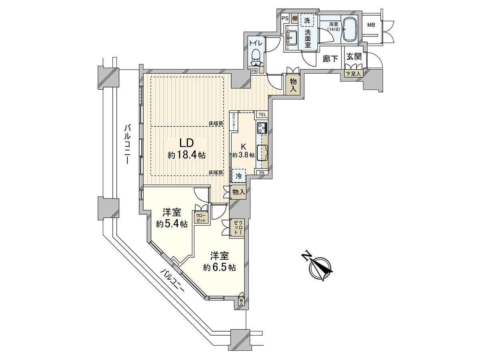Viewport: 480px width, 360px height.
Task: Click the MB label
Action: pos(371,25)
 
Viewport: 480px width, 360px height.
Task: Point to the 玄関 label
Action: pos(354,56)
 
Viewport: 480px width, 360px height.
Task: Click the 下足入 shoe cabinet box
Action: pos(354,74)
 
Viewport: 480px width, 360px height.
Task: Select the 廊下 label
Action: pos(330,59)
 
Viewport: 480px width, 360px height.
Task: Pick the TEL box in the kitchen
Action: pos(262,115)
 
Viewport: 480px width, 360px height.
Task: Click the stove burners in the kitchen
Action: pos(262,128)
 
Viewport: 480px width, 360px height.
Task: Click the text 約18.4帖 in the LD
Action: pos(187,155)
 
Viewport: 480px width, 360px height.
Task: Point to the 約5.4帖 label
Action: pos(172,224)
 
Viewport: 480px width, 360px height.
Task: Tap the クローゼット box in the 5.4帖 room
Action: pos(200,218)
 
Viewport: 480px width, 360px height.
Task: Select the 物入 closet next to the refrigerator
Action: pos(239,192)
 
